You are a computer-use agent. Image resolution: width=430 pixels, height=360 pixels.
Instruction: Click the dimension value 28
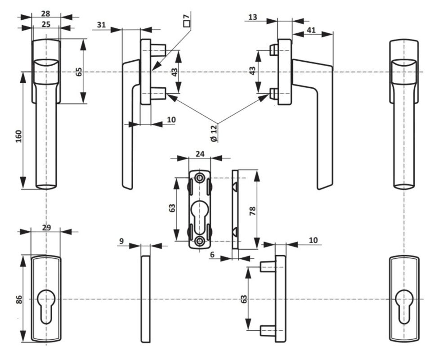pos(45,13)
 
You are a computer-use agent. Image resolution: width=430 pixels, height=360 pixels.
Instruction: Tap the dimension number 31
pos(101,25)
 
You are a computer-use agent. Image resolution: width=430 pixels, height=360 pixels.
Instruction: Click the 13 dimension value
pos(253,17)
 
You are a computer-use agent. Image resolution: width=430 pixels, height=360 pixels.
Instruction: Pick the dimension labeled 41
pos(310,30)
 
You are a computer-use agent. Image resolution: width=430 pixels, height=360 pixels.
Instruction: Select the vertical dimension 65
pos(78,72)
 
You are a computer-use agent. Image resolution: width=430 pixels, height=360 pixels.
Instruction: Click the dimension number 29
pos(45,228)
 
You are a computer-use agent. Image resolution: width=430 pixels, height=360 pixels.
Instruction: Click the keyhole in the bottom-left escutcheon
pos(45,305)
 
